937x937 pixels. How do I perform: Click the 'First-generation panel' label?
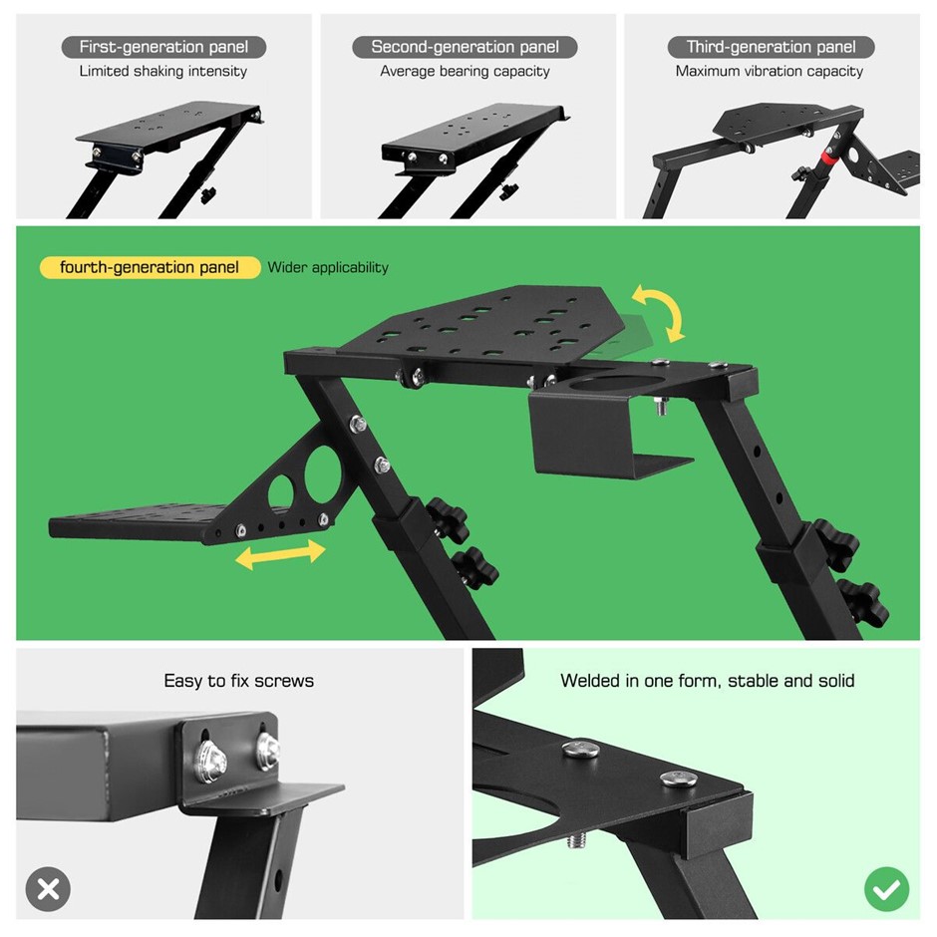coord(163,47)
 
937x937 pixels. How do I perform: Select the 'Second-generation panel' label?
coord(465,47)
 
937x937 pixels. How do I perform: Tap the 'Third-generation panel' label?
coord(771,47)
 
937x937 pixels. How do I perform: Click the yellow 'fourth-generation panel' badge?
coord(150,267)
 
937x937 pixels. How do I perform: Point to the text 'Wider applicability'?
coord(328,267)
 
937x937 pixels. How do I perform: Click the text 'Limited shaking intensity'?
coord(163,71)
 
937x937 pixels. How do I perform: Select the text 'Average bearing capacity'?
coord(465,71)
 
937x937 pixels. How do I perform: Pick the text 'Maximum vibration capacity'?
coord(770,71)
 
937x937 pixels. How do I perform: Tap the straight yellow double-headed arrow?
coord(280,554)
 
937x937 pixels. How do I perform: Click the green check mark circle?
coord(887,889)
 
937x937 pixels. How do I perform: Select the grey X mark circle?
coord(48,889)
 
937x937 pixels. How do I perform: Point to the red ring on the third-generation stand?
coord(827,157)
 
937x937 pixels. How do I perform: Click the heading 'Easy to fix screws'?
coord(238,681)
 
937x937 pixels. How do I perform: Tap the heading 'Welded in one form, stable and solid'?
coord(708,681)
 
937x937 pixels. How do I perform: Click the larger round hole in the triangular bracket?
coord(323,475)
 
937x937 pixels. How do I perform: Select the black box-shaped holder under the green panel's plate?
coord(588,431)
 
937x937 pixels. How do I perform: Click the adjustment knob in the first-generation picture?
coord(208,194)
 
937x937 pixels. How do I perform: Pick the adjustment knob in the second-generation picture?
coord(508,191)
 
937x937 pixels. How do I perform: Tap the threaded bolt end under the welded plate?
coord(575,841)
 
